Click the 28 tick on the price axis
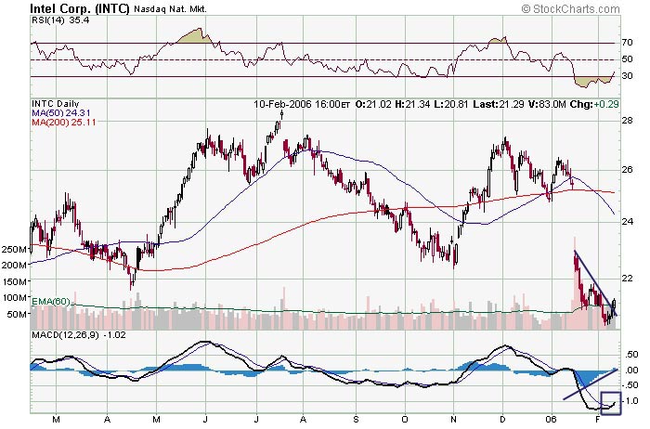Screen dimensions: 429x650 click(627, 120)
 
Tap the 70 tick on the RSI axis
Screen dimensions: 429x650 click(629, 43)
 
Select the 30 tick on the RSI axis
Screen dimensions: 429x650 click(629, 76)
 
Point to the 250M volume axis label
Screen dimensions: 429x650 click(14, 250)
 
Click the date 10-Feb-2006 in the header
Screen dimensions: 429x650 click(287, 104)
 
